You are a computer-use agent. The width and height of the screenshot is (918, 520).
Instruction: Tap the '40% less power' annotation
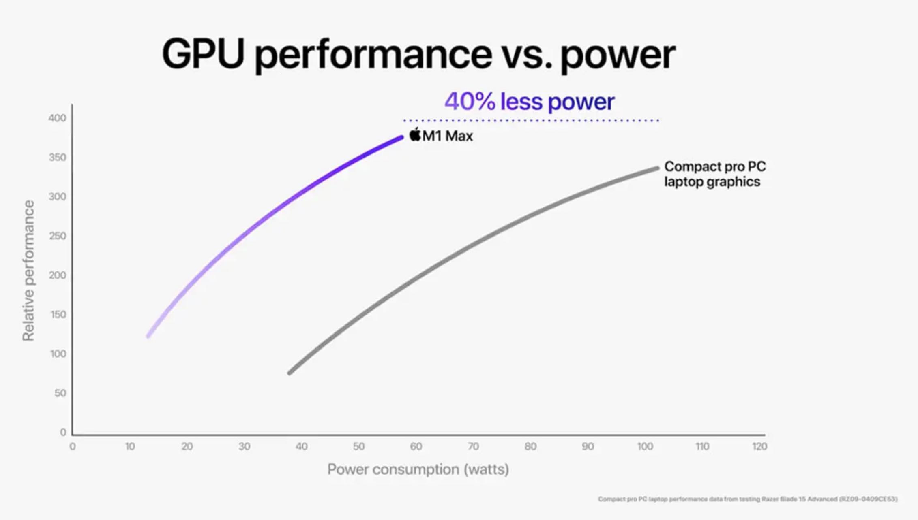click(x=529, y=101)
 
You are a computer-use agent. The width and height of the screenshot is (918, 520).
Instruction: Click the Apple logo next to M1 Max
click(x=415, y=134)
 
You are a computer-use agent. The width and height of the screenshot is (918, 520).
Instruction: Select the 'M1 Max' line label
click(x=447, y=136)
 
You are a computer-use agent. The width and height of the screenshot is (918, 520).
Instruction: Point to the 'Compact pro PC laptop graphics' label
click(x=714, y=174)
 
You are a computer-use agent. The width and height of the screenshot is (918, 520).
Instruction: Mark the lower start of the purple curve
click(x=148, y=336)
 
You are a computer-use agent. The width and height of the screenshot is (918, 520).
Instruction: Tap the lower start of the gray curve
click(x=290, y=373)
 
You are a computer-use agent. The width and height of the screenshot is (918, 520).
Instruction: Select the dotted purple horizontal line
click(x=531, y=121)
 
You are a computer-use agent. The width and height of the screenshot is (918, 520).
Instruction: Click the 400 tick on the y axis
click(x=57, y=118)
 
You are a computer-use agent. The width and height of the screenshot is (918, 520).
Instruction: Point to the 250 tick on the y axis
click(x=57, y=236)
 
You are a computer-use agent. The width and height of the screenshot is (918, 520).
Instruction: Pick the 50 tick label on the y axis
click(x=60, y=393)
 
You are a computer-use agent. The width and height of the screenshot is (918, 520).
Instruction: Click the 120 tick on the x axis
click(x=759, y=446)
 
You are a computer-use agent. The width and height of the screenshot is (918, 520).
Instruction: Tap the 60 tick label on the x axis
click(x=416, y=446)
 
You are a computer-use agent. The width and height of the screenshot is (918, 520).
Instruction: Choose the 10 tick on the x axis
click(x=130, y=446)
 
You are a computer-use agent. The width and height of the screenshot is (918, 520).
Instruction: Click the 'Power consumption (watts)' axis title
click(x=418, y=469)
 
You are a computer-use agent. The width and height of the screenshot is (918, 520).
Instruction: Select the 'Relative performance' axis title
click(x=28, y=271)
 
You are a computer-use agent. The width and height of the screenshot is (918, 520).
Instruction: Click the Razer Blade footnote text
click(x=747, y=499)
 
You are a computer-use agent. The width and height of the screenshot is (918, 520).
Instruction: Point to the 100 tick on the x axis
click(x=645, y=446)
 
